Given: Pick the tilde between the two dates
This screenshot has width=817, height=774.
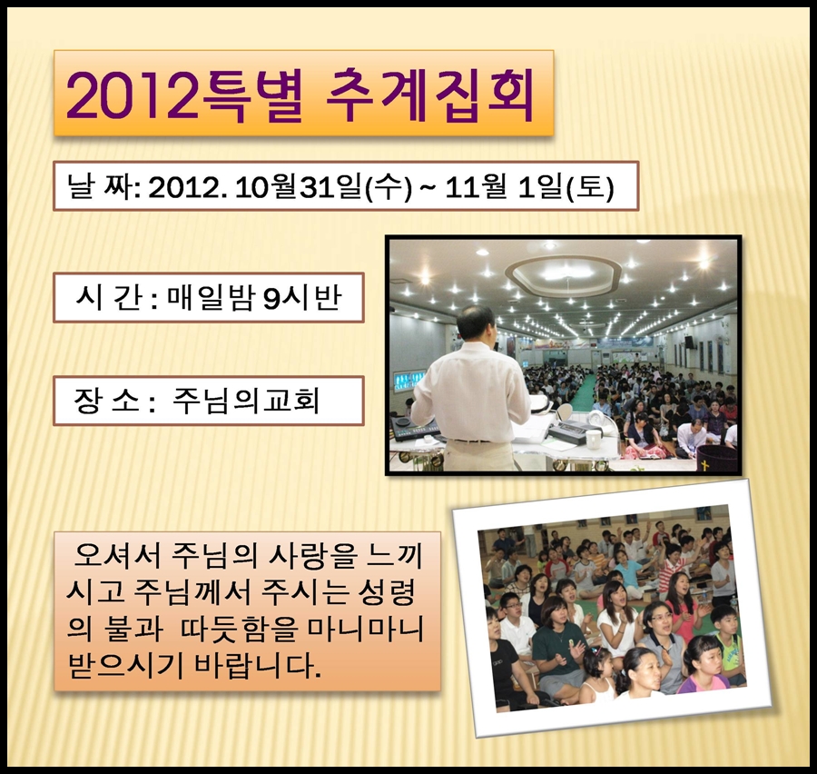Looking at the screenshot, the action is pyautogui.click(x=428, y=187).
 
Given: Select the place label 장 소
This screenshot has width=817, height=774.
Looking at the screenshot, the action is pyautogui.click(x=107, y=401).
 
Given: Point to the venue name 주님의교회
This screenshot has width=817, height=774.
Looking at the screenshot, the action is pyautogui.click(x=245, y=401).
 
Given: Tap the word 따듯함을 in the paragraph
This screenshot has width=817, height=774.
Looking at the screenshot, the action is pyautogui.click(x=239, y=630).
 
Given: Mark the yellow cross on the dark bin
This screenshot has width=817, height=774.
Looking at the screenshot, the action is pyautogui.click(x=704, y=465).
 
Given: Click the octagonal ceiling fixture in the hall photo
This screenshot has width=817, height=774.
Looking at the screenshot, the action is pyautogui.click(x=564, y=273).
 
